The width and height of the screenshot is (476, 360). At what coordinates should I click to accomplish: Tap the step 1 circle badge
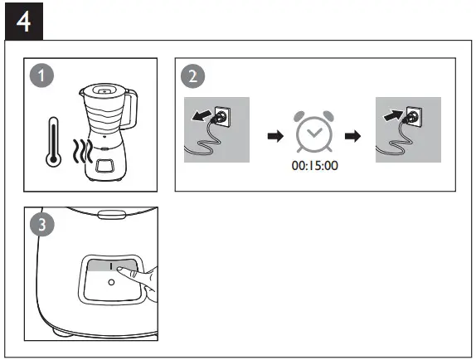click(x=39, y=76)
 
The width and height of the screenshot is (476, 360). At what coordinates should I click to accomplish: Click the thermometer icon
click(x=52, y=142)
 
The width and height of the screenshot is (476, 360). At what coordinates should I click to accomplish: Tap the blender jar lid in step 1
click(x=107, y=87)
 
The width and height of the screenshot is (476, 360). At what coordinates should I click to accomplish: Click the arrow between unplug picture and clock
click(x=271, y=134)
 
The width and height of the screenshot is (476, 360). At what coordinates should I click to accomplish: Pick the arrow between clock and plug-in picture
click(x=352, y=134)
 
